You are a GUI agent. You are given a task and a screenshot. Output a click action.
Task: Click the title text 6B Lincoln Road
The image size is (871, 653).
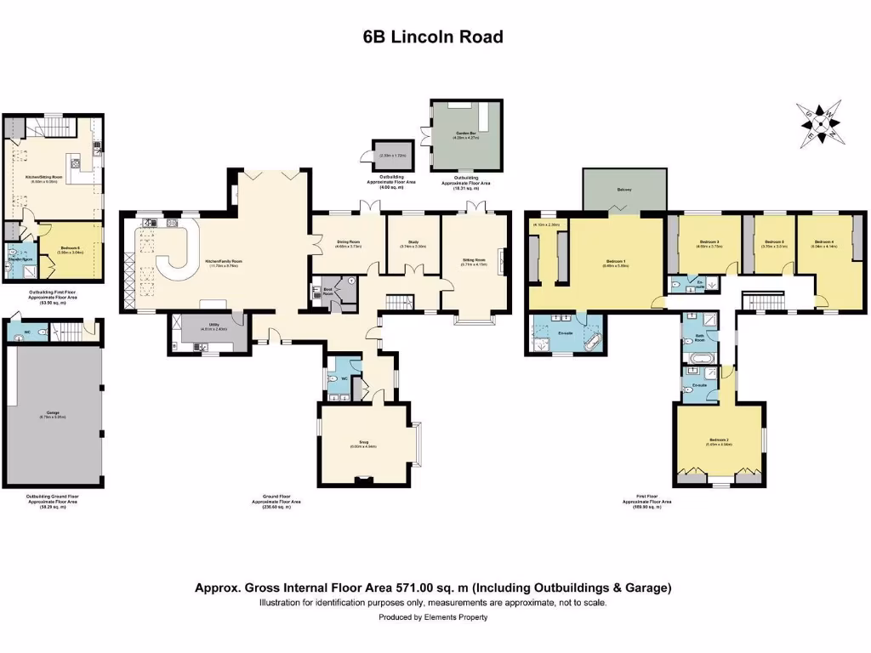(434, 37)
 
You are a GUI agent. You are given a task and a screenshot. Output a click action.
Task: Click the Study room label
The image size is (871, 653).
(413, 243)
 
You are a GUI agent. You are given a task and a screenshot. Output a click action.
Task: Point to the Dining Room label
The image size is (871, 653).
(348, 243)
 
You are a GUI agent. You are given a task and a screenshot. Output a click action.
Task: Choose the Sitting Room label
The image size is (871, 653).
(473, 260)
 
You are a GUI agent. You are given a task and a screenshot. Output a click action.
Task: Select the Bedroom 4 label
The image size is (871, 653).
(825, 243)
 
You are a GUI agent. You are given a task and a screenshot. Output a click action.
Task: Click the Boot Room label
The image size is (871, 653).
(328, 290)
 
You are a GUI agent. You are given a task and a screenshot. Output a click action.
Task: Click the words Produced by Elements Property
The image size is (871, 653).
(434, 617)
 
